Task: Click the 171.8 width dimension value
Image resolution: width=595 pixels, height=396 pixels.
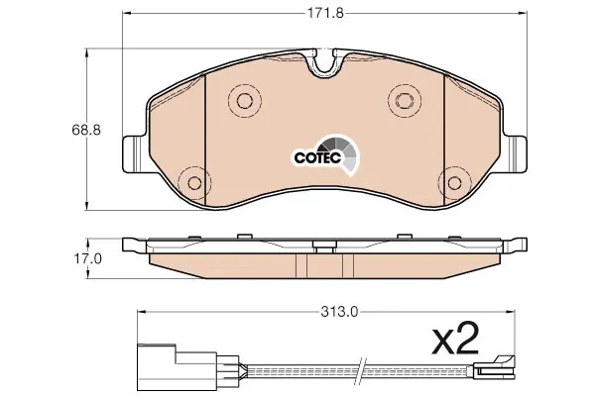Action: (x=325, y=13)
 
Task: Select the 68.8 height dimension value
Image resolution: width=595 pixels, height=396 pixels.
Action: (x=86, y=130)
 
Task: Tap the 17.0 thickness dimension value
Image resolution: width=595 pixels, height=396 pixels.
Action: (x=87, y=258)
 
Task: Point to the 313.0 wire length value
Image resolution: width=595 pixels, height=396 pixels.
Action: (x=339, y=312)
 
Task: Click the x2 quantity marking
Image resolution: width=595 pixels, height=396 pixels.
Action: (x=455, y=338)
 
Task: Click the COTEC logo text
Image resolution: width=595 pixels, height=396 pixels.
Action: (x=318, y=158)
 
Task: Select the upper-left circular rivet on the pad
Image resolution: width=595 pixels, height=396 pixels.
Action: (x=245, y=100)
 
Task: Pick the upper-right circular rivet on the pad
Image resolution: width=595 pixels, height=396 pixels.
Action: (x=405, y=100)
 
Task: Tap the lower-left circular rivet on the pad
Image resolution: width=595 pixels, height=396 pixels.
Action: (x=194, y=183)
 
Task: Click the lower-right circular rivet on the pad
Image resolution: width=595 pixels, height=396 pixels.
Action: (x=454, y=183)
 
